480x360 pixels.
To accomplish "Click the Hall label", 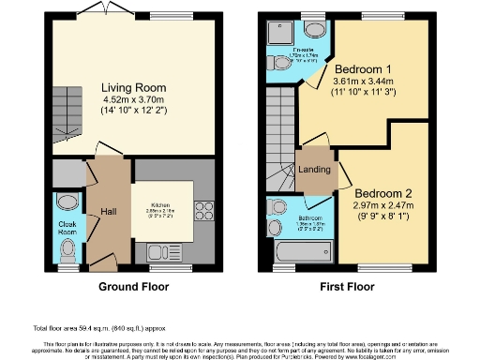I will point(110,210).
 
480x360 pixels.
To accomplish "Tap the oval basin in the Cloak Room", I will point(67,202).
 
